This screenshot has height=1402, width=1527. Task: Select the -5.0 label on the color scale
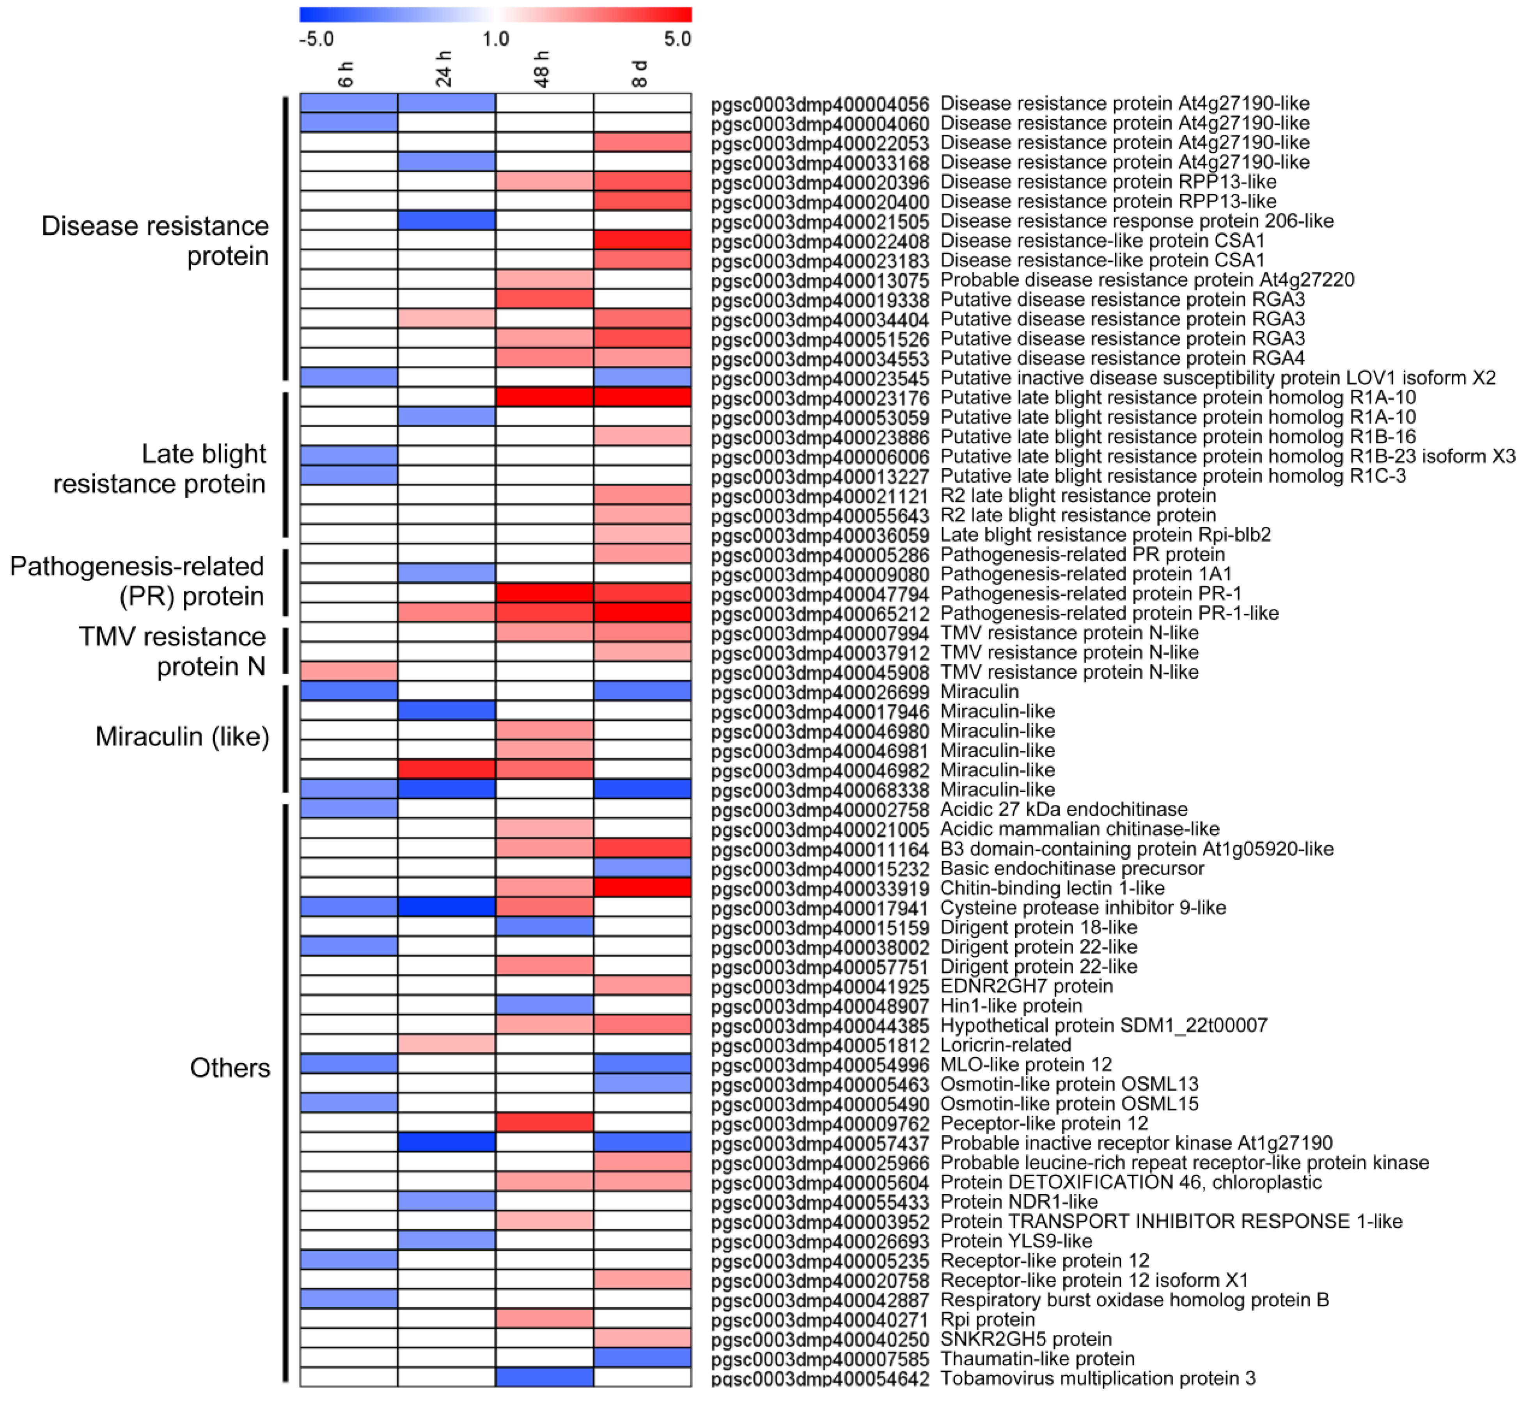click(x=316, y=39)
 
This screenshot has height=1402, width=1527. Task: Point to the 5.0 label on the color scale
click(x=677, y=39)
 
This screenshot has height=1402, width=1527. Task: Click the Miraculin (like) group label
click(x=182, y=736)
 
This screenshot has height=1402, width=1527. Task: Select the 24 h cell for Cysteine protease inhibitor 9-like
click(x=446, y=907)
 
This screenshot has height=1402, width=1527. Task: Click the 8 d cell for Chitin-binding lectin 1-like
click(x=642, y=888)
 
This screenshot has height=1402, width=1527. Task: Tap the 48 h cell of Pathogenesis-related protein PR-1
click(x=544, y=593)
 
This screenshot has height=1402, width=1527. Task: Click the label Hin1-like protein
click(x=1011, y=1006)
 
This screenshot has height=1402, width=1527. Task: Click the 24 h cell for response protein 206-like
click(x=446, y=221)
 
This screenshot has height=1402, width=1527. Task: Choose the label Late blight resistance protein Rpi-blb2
click(x=1105, y=535)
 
